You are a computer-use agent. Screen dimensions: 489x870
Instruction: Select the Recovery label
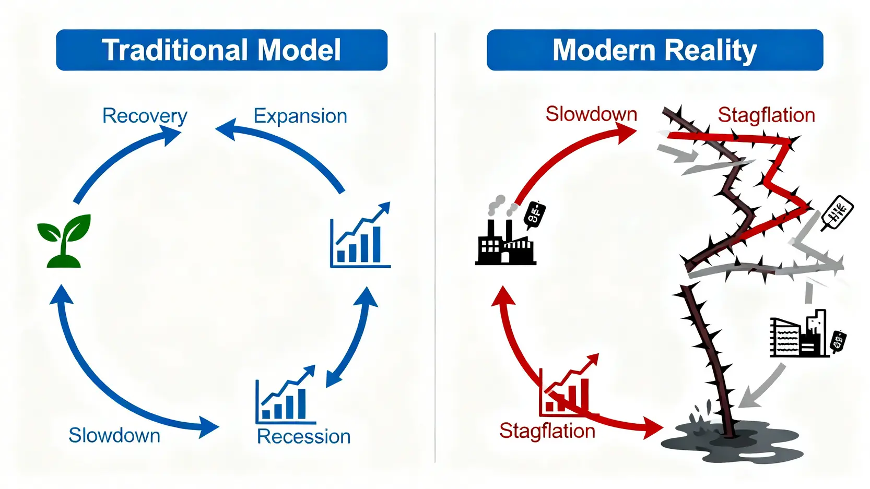pyautogui.click(x=145, y=116)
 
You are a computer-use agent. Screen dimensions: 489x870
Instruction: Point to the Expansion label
pyautogui.click(x=300, y=116)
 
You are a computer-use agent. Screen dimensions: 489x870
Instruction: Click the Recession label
pyautogui.click(x=303, y=436)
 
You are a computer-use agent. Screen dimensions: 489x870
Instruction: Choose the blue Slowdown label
pyautogui.click(x=114, y=435)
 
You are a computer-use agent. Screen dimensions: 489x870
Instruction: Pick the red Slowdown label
pyautogui.click(x=591, y=114)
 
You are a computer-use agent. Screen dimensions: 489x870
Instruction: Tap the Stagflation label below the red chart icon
pyautogui.click(x=547, y=431)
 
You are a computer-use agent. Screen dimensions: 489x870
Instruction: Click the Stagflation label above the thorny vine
pyautogui.click(x=766, y=115)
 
